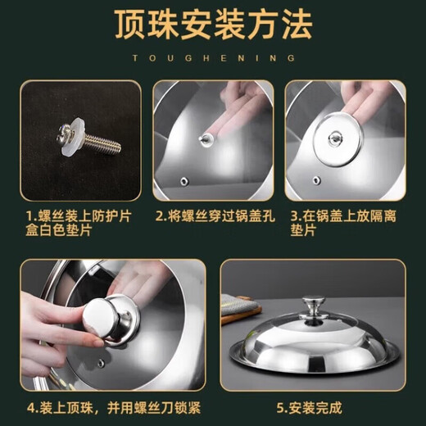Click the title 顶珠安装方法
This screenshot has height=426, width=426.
213,25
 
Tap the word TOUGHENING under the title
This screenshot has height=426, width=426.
214,58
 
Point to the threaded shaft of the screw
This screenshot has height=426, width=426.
102,144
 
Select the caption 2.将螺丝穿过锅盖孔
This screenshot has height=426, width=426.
215,215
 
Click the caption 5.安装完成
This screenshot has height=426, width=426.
309,408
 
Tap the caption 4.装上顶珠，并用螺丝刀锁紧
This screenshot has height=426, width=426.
114,408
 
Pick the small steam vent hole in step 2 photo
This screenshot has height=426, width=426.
184,181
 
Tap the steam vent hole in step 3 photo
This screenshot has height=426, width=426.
316,180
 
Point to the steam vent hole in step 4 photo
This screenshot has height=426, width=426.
101,363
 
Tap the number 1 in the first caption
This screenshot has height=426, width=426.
29,216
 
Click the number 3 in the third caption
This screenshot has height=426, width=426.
295,216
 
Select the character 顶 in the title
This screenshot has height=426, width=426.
129,25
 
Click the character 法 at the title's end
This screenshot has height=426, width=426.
297,25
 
